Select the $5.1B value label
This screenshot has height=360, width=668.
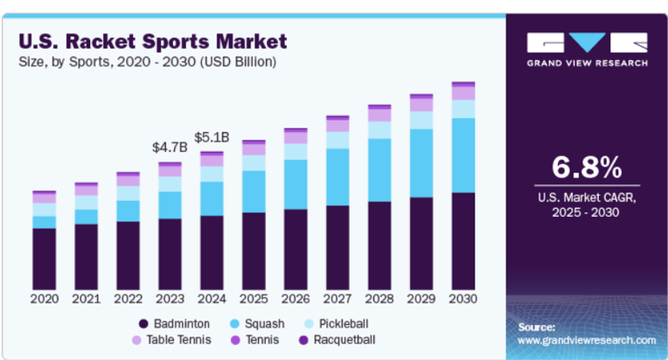(212, 137)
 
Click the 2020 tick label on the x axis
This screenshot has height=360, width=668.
(44, 299)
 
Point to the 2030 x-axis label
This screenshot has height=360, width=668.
(463, 299)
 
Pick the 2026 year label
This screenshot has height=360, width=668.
(296, 299)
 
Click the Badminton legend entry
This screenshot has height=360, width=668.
(178, 324)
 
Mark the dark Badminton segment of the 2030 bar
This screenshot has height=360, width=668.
(463, 240)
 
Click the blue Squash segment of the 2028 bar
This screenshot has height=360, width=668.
(379, 170)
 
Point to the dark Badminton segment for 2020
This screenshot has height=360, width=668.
(44, 258)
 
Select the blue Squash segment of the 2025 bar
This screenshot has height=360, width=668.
(254, 191)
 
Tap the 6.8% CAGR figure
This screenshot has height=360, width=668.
(586, 166)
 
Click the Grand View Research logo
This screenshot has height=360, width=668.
(587, 48)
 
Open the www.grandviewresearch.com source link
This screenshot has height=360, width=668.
(587, 339)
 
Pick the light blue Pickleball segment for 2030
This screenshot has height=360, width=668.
(463, 108)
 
